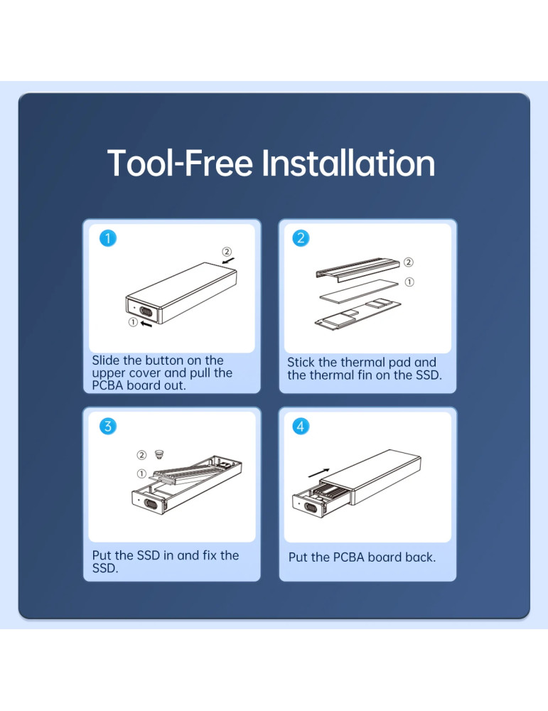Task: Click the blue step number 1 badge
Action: (x=108, y=238)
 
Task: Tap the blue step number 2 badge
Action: (x=301, y=238)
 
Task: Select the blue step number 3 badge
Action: (x=108, y=426)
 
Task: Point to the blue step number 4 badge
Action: (x=301, y=426)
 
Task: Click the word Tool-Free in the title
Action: (x=180, y=164)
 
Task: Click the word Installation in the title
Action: (x=348, y=164)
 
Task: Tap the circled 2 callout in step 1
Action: (x=227, y=252)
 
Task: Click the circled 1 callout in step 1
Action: (x=133, y=322)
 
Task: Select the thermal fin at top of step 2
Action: (x=358, y=269)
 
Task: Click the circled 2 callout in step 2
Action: (x=409, y=262)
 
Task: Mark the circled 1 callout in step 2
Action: (x=409, y=282)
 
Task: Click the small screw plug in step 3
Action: (x=159, y=454)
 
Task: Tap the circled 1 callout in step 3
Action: (x=141, y=474)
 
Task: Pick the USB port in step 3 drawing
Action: (x=151, y=504)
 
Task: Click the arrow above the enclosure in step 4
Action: (x=318, y=473)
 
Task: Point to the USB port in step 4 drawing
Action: (x=311, y=507)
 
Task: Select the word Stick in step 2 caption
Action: (x=301, y=363)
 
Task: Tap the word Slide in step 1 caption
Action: (x=106, y=360)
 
